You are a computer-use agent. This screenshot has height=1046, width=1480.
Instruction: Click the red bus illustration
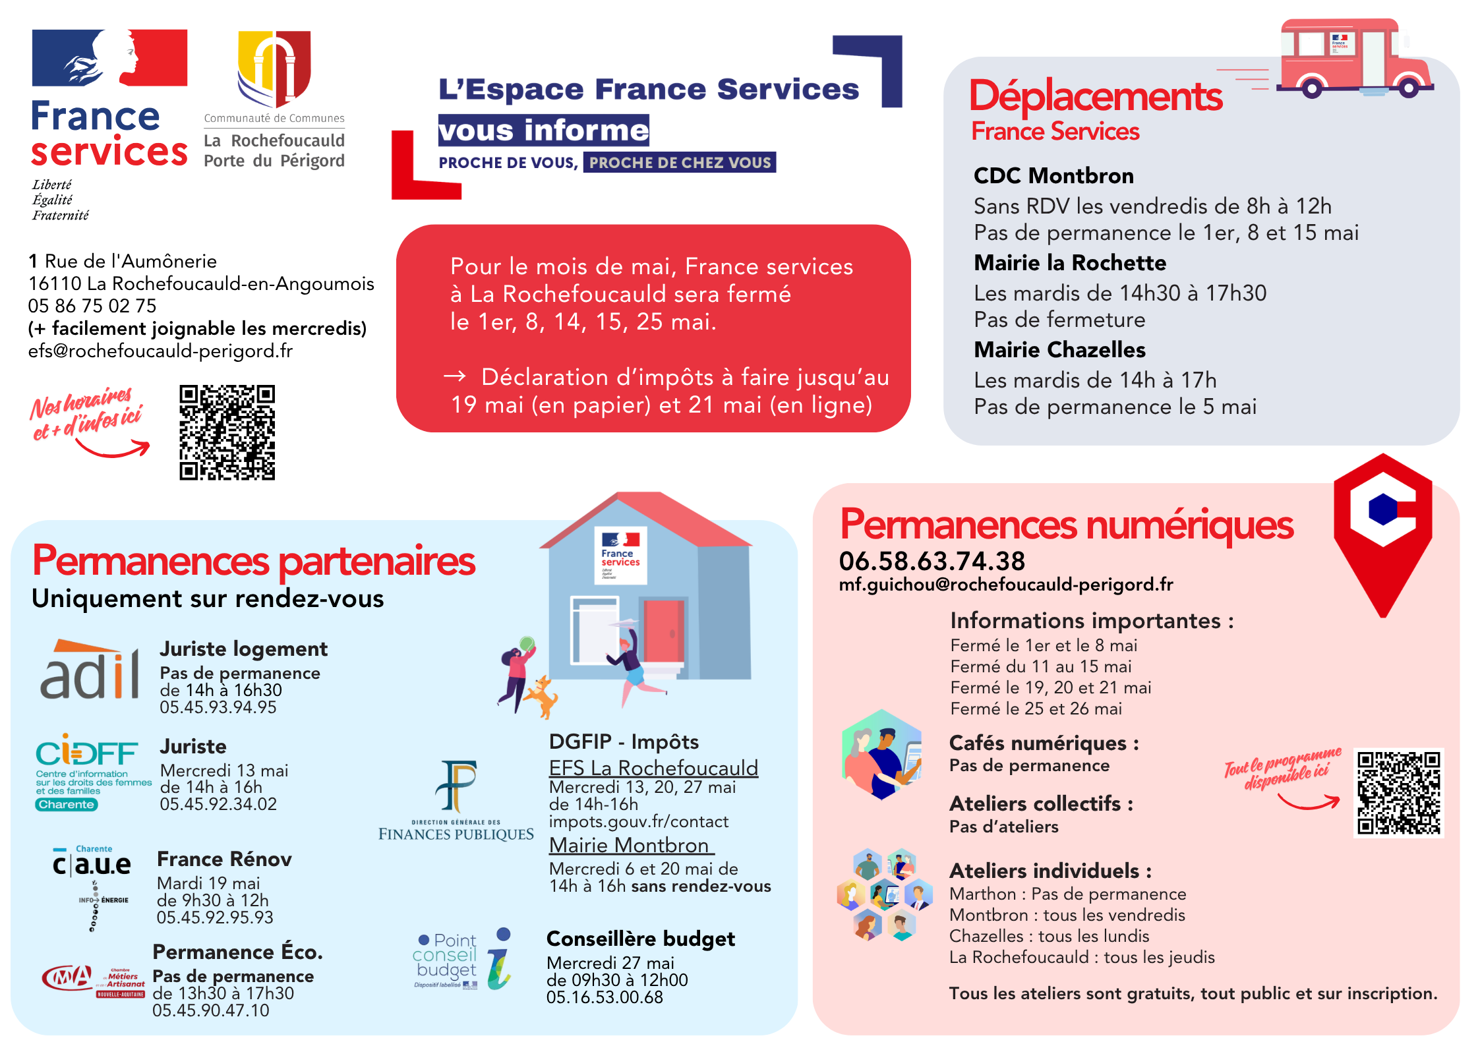pos(1355,59)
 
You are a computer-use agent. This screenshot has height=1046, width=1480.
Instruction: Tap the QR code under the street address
pos(227,432)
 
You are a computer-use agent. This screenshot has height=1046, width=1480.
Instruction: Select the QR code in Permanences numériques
pos(1398,792)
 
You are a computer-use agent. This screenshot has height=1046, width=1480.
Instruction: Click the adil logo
pos(90,671)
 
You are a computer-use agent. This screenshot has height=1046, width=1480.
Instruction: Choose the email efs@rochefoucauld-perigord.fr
pos(160,351)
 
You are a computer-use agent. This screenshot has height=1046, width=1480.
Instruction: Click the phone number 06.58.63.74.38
pos(932,562)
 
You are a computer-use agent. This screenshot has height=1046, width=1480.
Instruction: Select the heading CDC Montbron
pos(1053,176)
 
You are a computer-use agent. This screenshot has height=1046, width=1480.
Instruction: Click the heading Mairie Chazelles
pos(1059,350)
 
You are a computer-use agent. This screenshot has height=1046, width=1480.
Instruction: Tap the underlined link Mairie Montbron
pos(630,846)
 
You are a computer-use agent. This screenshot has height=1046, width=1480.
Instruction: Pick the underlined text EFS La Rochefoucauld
pos(653,769)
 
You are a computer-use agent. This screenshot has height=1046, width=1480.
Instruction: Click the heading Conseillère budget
pos(640,939)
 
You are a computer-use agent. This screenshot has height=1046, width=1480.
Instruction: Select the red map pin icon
pos(1382,531)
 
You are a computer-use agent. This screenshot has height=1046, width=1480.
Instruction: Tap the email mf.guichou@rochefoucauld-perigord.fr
pos(1005,585)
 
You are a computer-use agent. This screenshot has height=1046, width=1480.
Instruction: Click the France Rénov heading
pos(224,859)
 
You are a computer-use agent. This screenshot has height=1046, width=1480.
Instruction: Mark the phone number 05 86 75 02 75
pos(92,306)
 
